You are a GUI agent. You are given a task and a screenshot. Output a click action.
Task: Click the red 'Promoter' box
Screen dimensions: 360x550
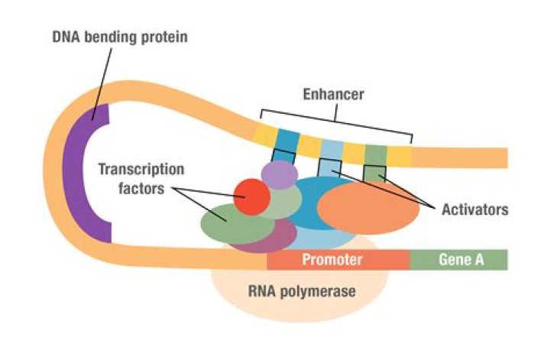(333, 260)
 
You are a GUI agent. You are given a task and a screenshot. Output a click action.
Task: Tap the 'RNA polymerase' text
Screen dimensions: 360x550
(302, 291)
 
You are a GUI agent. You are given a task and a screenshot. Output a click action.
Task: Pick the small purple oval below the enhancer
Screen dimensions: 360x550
(279, 174)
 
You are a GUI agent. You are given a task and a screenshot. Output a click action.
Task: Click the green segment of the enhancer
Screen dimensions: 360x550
(376, 153)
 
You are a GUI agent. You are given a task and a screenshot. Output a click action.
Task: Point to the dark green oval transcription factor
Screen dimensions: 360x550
(225, 223)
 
